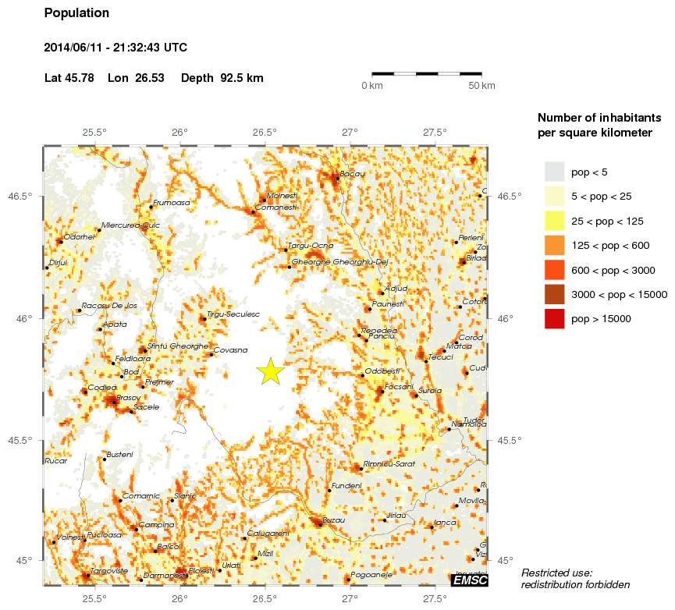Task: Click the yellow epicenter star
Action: pos(269,372)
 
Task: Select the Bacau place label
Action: pos(353,173)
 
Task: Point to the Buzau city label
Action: pos(333,520)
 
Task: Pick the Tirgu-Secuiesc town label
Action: pos(233,314)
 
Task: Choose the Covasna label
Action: pos(230,350)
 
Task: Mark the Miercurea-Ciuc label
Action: pos(131,225)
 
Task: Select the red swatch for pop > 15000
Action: pos(554,318)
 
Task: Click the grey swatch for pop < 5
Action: pos(554,172)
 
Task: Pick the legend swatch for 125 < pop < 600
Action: pos(554,245)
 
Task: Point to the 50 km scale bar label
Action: pos(482,86)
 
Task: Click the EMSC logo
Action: pos(470,580)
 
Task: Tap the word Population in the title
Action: pos(77,13)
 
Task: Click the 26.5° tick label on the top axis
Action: pos(265,133)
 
